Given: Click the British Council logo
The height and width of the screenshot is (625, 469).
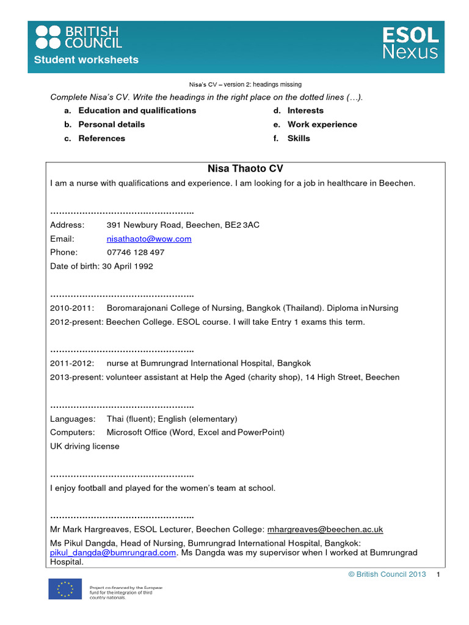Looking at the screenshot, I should point(79,37).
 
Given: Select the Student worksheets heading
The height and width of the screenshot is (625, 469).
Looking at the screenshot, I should point(86,60).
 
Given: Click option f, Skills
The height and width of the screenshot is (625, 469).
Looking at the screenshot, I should point(299,139).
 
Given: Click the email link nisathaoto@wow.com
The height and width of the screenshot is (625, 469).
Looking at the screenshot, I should point(149,239).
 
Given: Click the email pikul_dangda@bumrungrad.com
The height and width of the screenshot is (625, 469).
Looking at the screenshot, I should point(113,552).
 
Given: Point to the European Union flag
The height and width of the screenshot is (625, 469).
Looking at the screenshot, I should point(65,589).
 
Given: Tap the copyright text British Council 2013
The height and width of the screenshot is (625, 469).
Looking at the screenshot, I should point(387,575).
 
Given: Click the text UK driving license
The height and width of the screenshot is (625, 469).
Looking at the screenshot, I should point(85,446).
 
